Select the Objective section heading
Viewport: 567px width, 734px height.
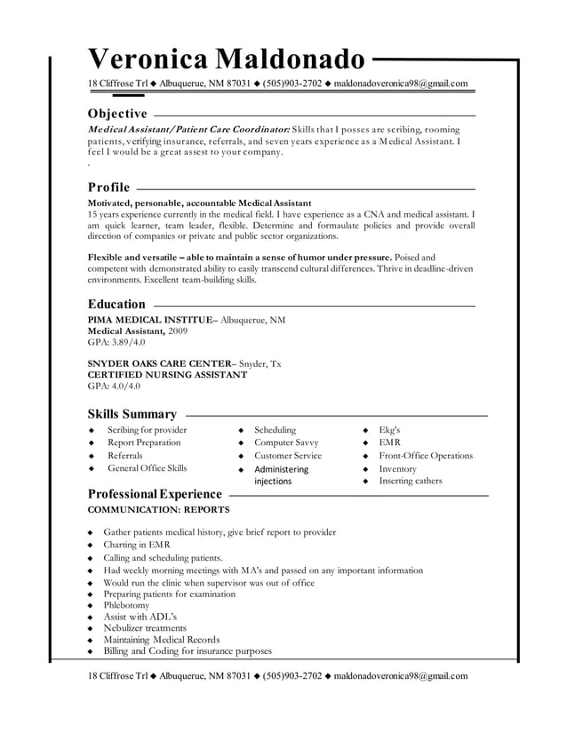pyautogui.click(x=117, y=114)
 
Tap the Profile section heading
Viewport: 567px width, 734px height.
pyautogui.click(x=108, y=187)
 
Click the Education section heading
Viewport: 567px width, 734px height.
pyautogui.click(x=116, y=304)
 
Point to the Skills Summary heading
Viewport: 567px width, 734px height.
pyautogui.click(x=132, y=413)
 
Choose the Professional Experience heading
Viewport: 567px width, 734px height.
pyautogui.click(x=155, y=493)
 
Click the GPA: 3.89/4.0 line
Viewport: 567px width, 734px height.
pyautogui.click(x=116, y=341)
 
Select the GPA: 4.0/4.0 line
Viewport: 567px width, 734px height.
pyautogui.click(x=114, y=387)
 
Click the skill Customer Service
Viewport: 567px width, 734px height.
pyautogui.click(x=288, y=456)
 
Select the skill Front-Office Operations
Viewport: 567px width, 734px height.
pyautogui.click(x=426, y=456)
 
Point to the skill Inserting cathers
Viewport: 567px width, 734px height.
pyautogui.click(x=410, y=481)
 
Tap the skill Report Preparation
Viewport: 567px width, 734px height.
pyautogui.click(x=144, y=443)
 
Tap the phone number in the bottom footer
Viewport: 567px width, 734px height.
pyautogui.click(x=291, y=675)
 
